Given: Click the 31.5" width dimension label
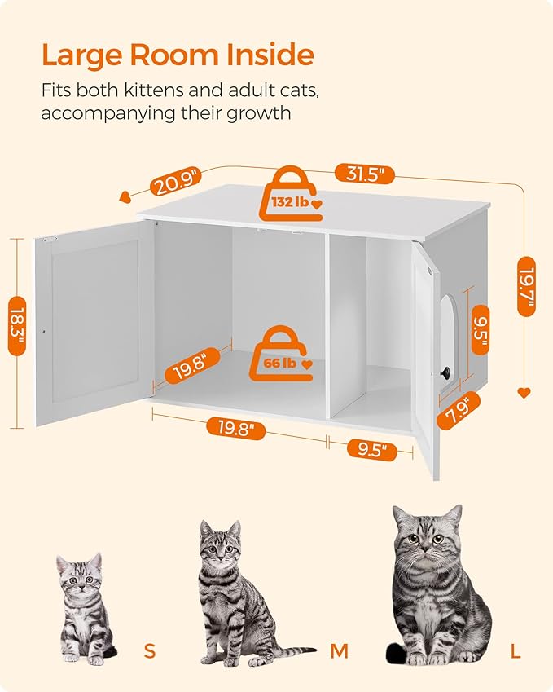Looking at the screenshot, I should tap(364, 174).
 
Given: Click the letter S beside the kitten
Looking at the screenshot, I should tap(149, 650).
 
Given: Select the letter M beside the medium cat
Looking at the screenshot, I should tap(339, 650).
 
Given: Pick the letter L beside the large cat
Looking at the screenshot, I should tap(516, 650).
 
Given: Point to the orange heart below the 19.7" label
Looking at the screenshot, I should tap(524, 393).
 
